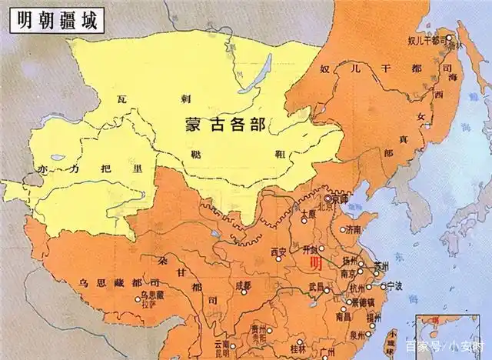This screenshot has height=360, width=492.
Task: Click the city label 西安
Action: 278,252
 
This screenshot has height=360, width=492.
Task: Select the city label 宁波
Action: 395,285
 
